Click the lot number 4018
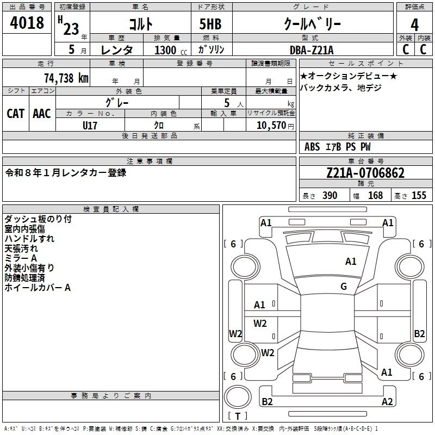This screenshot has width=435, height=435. tap(27, 23)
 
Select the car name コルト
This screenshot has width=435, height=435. tap(140, 24)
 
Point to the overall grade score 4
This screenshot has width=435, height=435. tap(414, 25)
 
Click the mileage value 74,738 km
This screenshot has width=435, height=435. tap(66, 78)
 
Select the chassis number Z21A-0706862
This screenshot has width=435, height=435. tap(365, 173)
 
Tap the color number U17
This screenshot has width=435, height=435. tap(90, 125)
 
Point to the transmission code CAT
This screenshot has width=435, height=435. tap(15, 113)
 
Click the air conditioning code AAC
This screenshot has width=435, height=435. tap(41, 113)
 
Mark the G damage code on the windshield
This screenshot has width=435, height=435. tap(344, 286)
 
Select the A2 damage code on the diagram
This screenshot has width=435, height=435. tap(387, 402)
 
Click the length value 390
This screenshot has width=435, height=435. tap(330, 195)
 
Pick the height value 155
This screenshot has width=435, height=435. tap(419, 195)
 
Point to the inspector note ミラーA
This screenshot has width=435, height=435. tap(21, 258)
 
